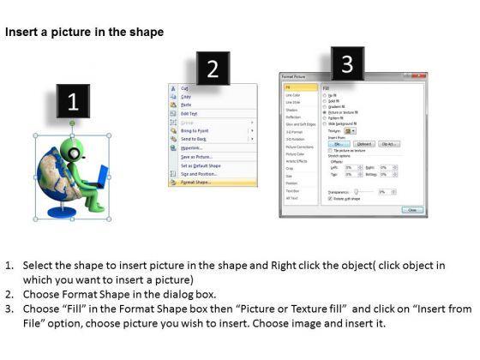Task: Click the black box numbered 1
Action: tap(73, 102)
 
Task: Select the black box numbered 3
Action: tap(346, 64)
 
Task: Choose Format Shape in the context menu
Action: tap(197, 183)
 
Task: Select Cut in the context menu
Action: tap(184, 87)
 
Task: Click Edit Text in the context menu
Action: tap(189, 113)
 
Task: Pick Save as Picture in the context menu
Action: tap(197, 156)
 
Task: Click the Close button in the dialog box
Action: tap(412, 209)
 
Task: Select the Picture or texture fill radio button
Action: tap(324, 111)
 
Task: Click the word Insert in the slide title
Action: tap(22, 33)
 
